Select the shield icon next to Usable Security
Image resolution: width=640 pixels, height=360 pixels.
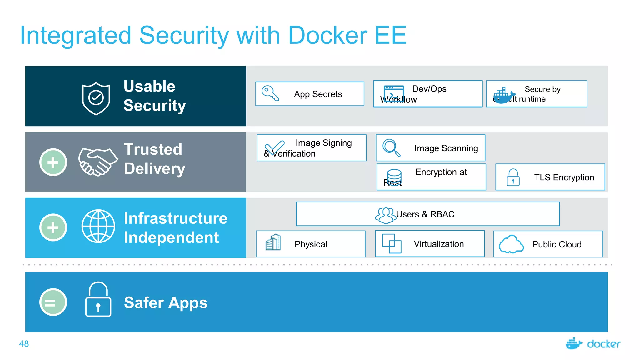[96, 98]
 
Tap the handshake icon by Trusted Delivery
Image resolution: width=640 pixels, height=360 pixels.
[98, 162]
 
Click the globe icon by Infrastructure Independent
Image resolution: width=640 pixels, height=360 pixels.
[98, 226]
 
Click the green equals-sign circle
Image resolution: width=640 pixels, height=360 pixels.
[53, 302]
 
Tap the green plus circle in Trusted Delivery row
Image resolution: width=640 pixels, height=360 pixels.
[53, 162]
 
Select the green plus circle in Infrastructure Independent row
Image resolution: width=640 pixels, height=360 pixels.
[53, 227]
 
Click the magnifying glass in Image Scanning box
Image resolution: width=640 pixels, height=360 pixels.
[391, 147]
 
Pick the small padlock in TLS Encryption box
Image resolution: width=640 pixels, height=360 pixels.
[513, 177]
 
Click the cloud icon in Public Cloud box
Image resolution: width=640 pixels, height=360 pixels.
[511, 244]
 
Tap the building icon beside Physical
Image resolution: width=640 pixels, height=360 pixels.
[273, 242]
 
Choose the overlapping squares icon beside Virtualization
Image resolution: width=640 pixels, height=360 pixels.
[392, 243]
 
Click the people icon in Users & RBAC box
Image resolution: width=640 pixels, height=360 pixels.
[385, 215]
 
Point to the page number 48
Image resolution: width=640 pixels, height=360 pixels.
[24, 344]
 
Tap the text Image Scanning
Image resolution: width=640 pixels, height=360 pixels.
[446, 148]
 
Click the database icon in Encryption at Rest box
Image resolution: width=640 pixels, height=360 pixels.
[394, 177]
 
